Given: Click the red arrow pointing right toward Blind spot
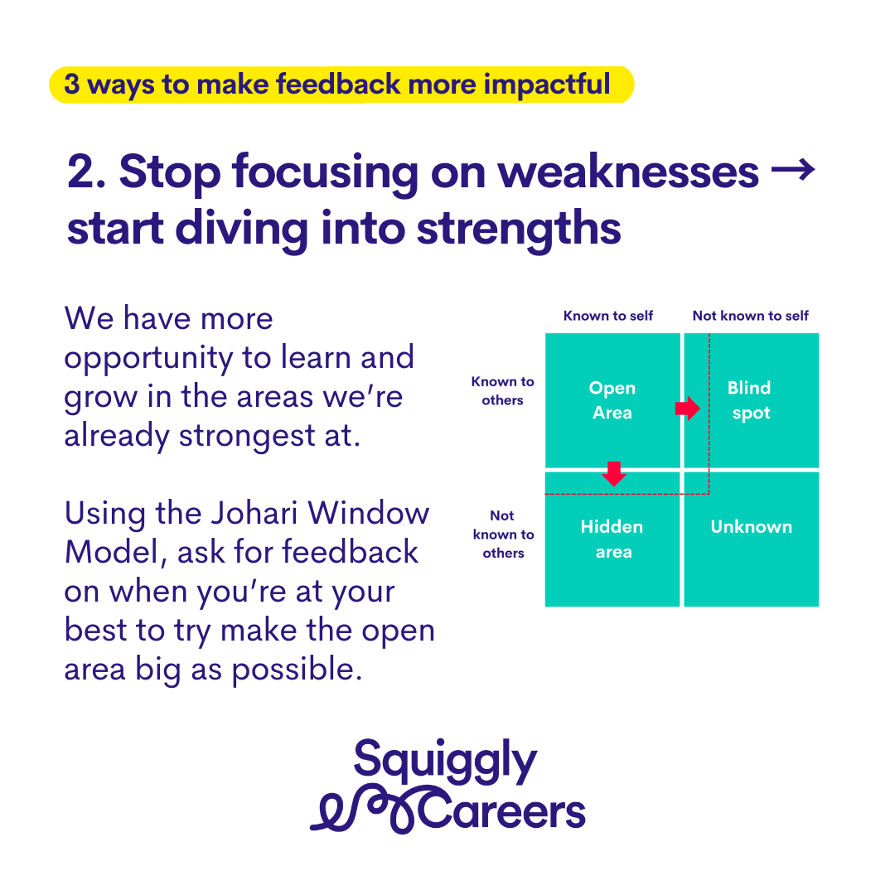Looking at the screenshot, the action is pos(687,408).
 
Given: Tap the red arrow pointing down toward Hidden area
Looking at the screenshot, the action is pos(614,473).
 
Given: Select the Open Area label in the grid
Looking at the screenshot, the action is pos(612,399).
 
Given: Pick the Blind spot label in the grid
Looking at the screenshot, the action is pos(749,400).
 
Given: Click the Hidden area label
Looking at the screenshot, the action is pos(612,539).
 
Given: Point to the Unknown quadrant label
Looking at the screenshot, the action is pos(751,526).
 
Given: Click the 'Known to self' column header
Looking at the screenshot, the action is pos(608,316).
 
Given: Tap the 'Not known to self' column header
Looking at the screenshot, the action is pos(751,316).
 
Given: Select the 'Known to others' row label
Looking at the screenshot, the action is pos(503,391).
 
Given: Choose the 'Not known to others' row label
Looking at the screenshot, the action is pos(503,535).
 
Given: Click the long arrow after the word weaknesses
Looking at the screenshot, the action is pos(793,170).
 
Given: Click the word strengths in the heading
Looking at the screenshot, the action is pos(519,229).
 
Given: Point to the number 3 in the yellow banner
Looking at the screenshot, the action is pos(72,84).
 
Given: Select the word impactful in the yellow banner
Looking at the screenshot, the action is pos(547,85).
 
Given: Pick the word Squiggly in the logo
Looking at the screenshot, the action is pos(445,762).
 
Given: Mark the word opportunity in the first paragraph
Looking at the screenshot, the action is pos(148,360).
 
